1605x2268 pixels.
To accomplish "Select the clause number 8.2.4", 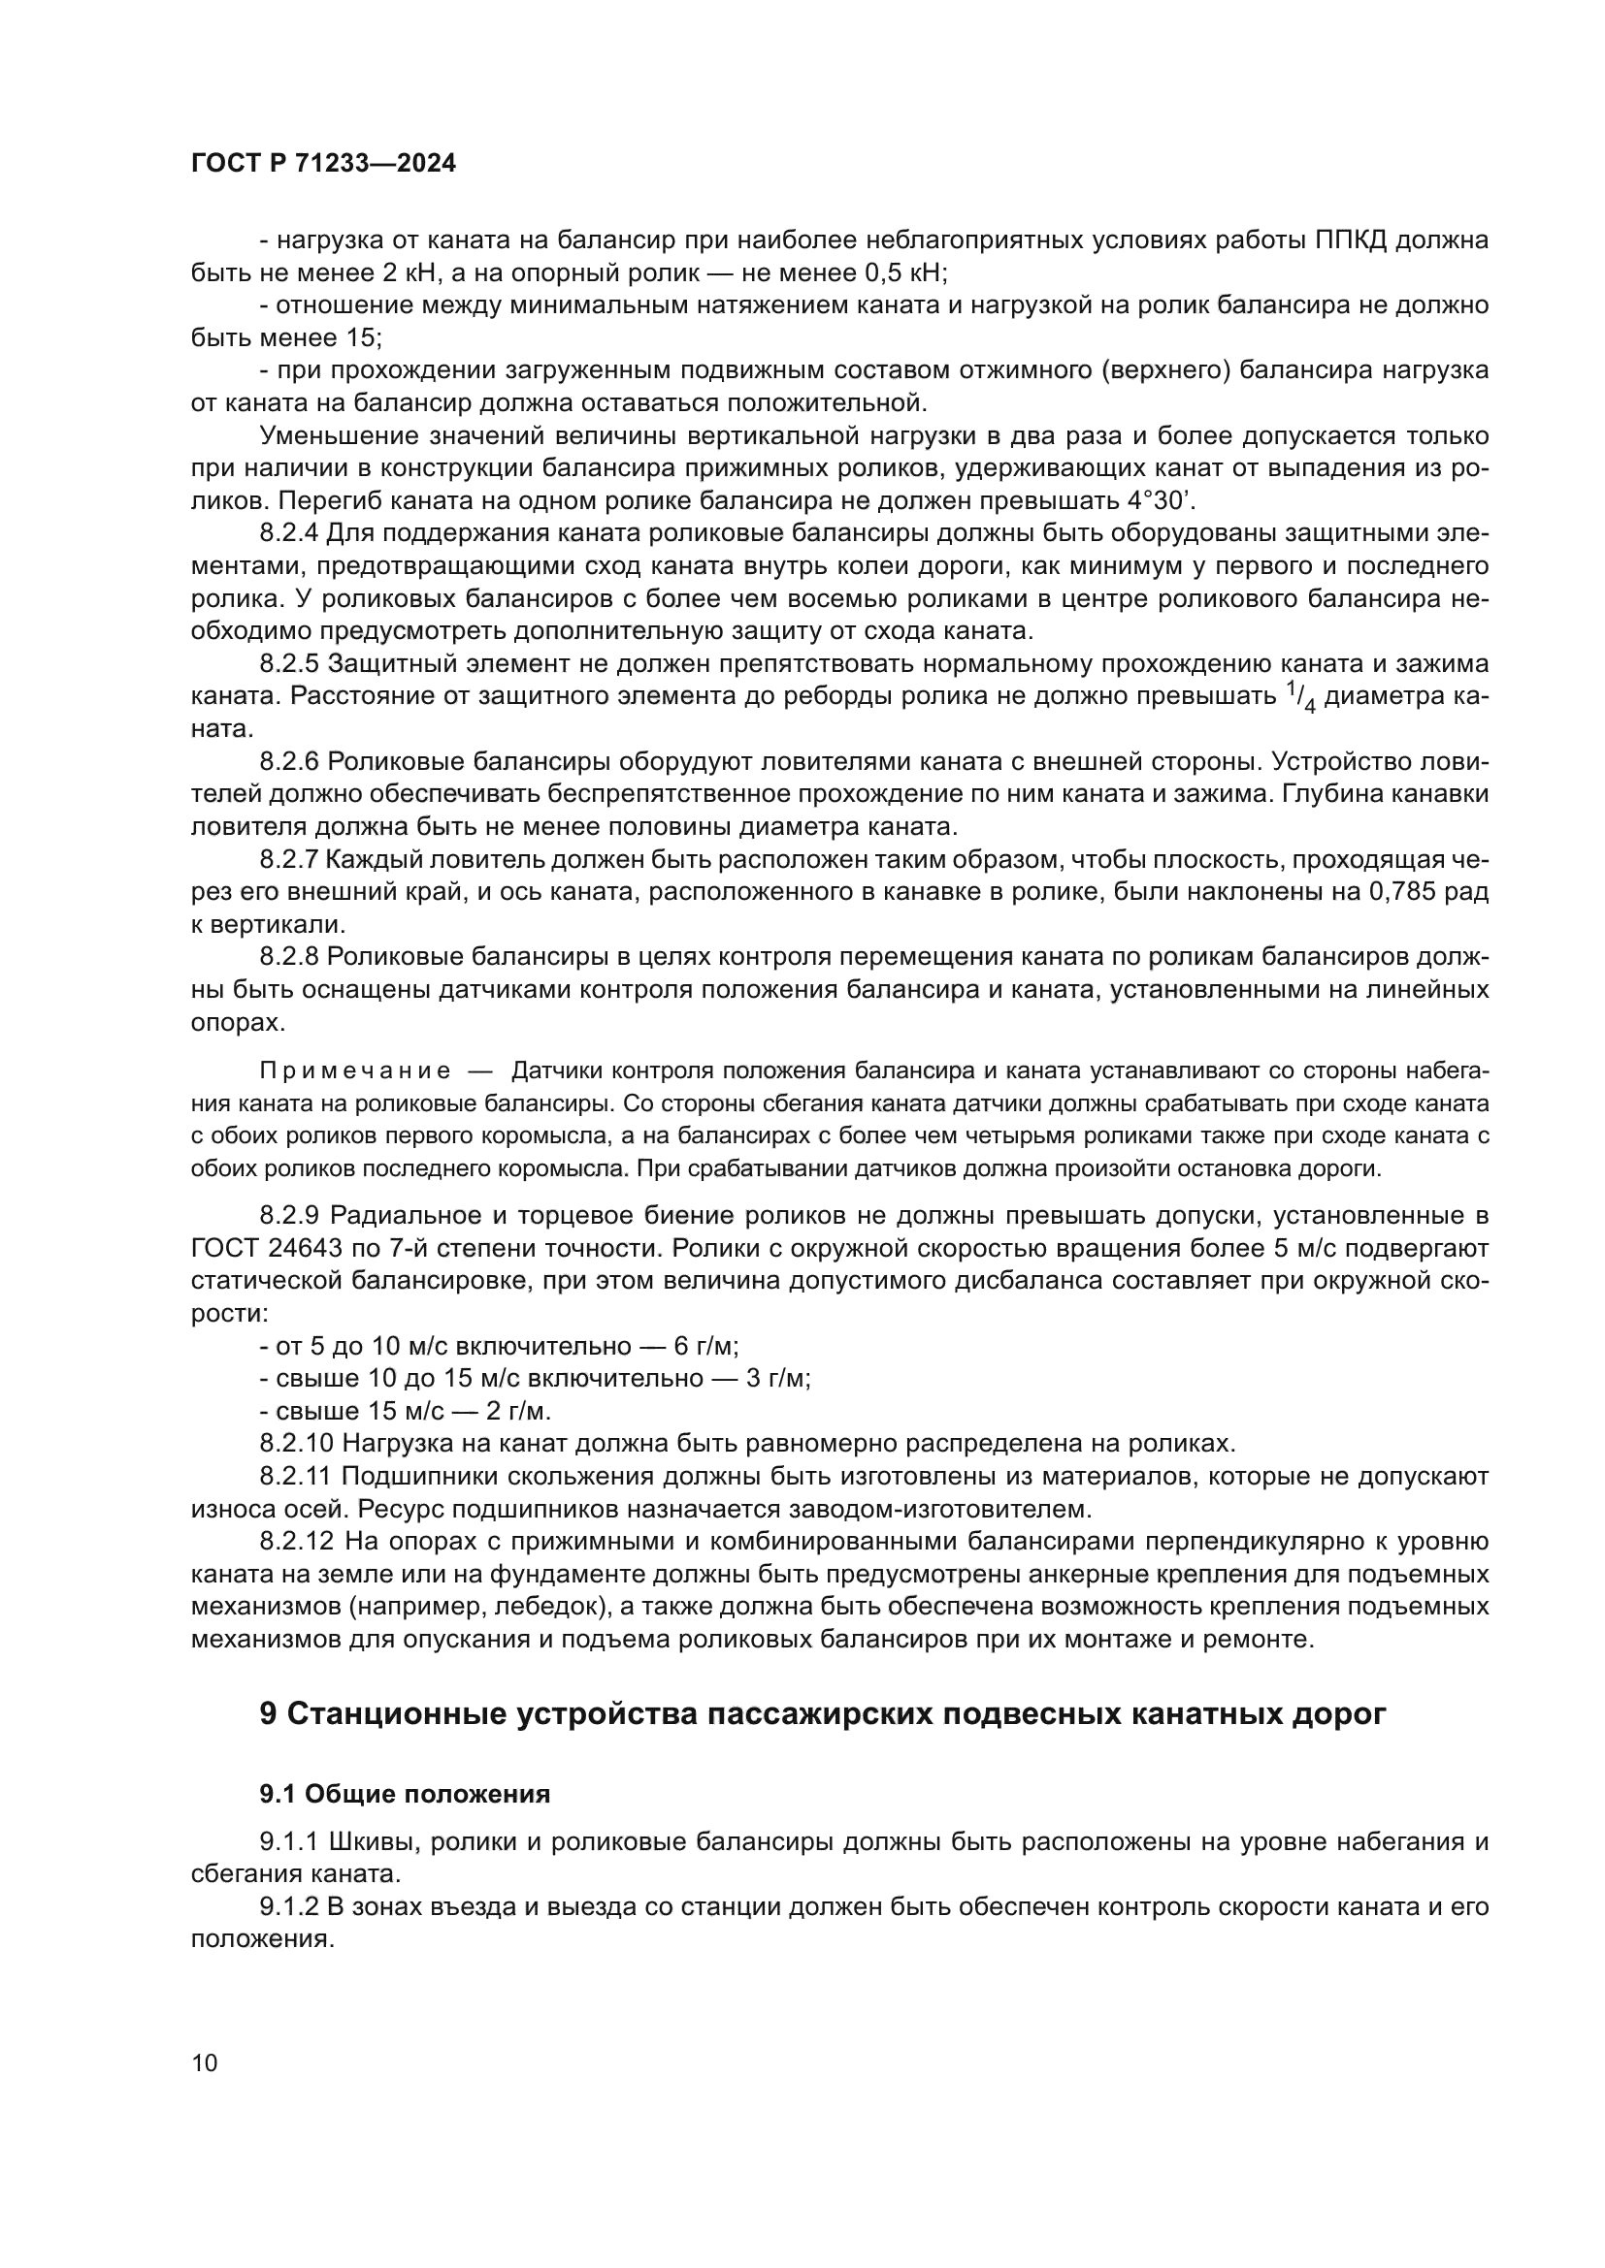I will [x=289, y=534].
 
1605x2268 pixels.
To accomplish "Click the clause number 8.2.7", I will [x=289, y=859].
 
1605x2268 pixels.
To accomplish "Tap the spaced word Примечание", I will [x=355, y=1070].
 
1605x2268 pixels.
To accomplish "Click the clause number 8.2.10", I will [x=297, y=1444].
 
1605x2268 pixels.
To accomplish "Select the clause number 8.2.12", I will [x=297, y=1542].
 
